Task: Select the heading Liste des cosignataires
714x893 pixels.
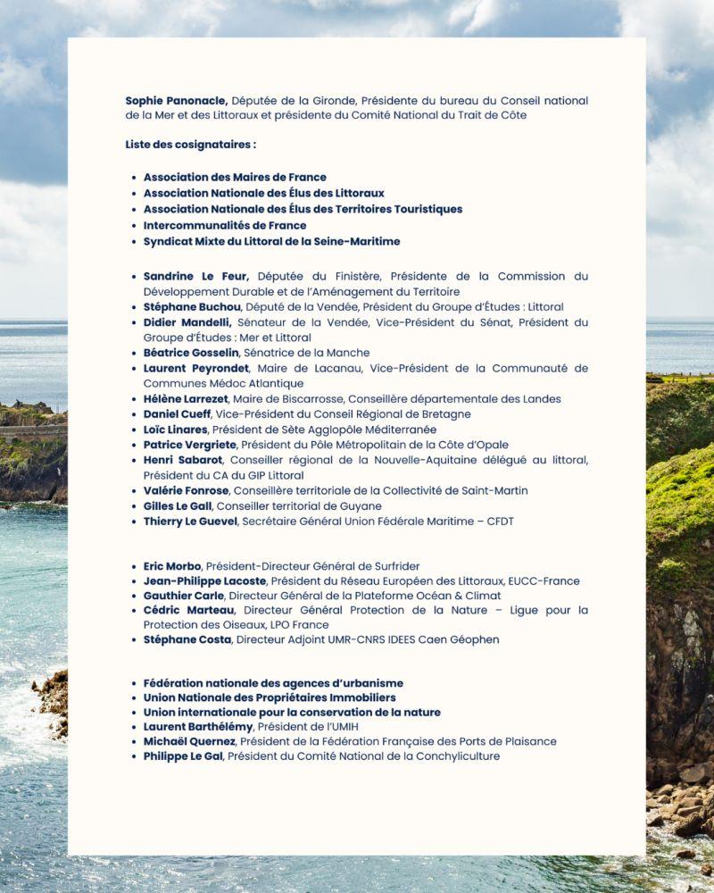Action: tap(191, 144)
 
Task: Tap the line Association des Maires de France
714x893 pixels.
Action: tap(235, 177)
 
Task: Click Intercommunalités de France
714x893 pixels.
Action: tap(225, 225)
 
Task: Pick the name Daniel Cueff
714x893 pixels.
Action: tap(177, 414)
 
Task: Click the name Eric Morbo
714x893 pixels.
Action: tap(172, 566)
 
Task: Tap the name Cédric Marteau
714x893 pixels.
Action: tap(187, 610)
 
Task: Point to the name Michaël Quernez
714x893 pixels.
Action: tap(189, 741)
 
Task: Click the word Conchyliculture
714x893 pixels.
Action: tap(450, 756)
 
